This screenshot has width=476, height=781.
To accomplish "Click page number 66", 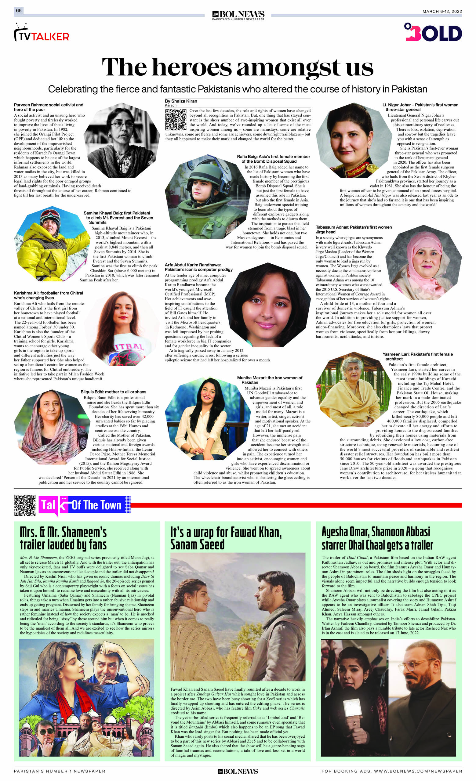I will pyautogui.click(x=19, y=11).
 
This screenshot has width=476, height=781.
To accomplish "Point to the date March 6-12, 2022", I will pyautogui.click(x=442, y=12).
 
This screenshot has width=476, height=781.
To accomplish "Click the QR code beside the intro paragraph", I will pyautogui.click(x=175, y=120).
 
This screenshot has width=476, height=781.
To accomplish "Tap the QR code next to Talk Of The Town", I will pyautogui.click(x=25, y=505).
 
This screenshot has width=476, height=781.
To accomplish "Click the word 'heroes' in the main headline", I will pyautogui.click(x=191, y=67).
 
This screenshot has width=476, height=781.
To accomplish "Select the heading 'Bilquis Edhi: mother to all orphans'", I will pyautogui.click(x=113, y=392).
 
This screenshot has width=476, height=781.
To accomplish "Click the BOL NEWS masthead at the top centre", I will pyautogui.click(x=238, y=15).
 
